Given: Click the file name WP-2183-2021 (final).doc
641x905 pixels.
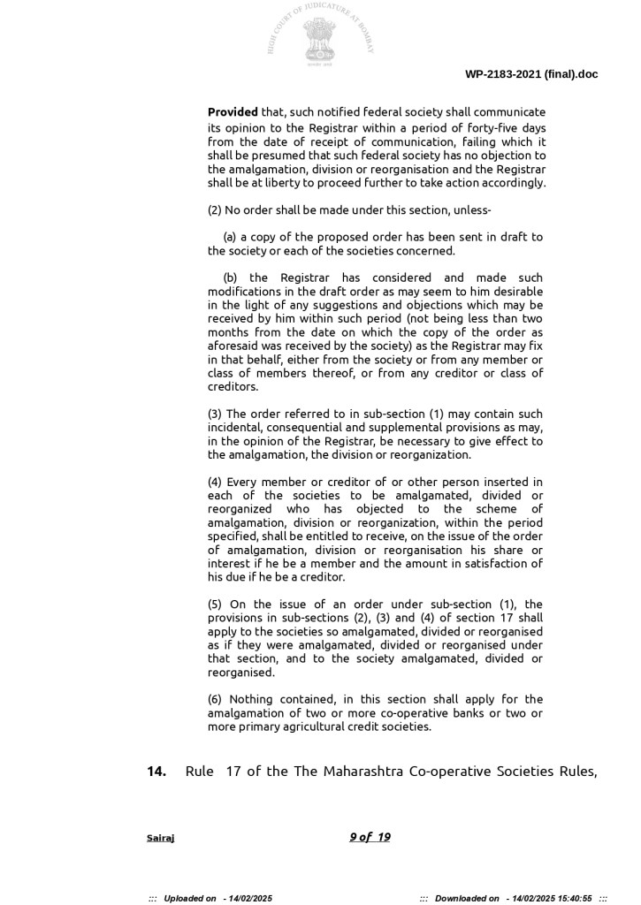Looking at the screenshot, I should tap(531, 74).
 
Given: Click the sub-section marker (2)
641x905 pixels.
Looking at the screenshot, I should tap(215, 210).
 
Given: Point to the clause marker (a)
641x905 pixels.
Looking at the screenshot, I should tap(230, 237).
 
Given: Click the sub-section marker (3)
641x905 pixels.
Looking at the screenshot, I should tap(215, 414).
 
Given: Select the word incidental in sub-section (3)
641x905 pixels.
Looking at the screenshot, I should tap(237, 428).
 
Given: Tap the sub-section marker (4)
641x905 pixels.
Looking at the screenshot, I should tap(215, 482).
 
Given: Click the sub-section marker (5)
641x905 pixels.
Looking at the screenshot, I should tap(215, 604).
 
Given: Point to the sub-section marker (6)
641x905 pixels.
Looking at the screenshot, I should tap(215, 699).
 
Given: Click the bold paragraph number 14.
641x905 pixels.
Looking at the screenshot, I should tap(156, 772).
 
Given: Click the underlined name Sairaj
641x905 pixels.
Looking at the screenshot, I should tap(160, 838).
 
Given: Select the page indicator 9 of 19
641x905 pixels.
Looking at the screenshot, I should tap(370, 837).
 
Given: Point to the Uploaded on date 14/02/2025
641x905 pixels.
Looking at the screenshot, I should tap(252, 898).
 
